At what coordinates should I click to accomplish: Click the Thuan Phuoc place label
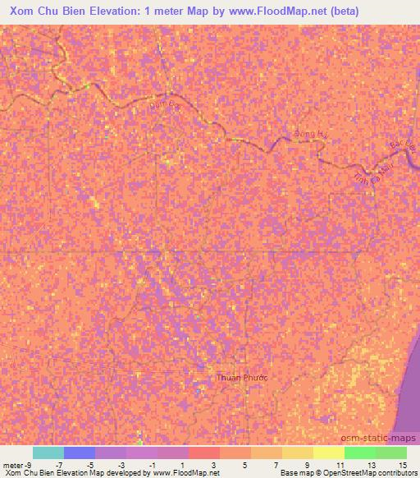241,378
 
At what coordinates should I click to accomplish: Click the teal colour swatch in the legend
48,453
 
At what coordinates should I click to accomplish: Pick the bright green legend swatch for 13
360,453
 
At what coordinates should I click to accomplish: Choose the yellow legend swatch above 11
329,453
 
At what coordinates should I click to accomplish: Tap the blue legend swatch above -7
80,453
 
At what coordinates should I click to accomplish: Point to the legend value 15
403,465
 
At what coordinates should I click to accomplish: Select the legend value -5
90,465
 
